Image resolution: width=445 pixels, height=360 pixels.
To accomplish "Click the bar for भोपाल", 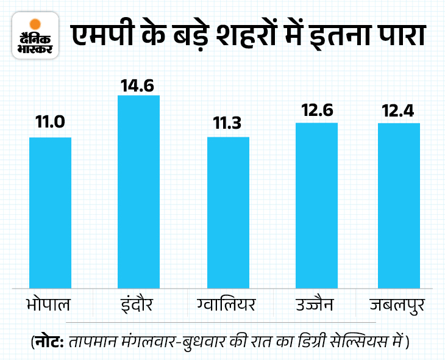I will [51, 212].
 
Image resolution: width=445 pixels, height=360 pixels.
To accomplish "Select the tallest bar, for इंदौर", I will [138, 191].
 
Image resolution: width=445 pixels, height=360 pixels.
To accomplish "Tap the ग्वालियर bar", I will [229, 212].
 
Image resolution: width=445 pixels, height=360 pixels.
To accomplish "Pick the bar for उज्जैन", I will [316, 205].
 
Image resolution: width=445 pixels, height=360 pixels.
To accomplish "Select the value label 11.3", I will [229, 123].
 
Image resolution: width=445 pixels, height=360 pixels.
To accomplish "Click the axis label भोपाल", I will [51, 303].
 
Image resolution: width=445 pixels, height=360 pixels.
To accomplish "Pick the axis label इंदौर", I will [138, 303].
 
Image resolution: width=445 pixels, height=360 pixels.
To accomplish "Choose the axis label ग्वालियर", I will [228, 303].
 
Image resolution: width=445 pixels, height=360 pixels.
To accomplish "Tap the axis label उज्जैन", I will [316, 303].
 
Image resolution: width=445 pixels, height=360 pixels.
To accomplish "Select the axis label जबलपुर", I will [399, 303].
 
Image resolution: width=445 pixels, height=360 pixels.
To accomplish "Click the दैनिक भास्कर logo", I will [35, 38].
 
